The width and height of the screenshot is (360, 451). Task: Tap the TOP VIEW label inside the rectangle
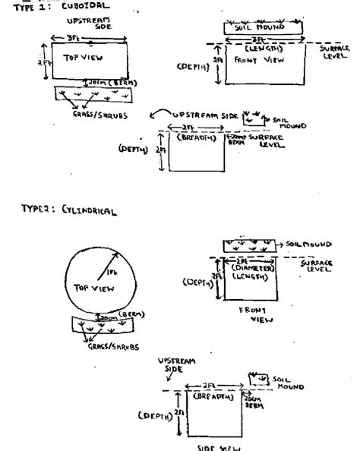click(82, 58)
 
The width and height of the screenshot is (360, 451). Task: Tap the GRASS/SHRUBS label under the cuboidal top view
click(82, 115)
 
